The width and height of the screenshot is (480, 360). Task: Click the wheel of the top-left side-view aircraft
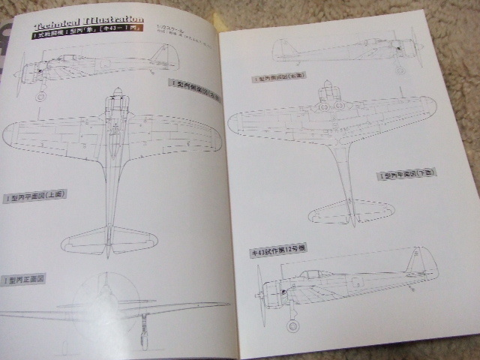[x=41, y=95]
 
